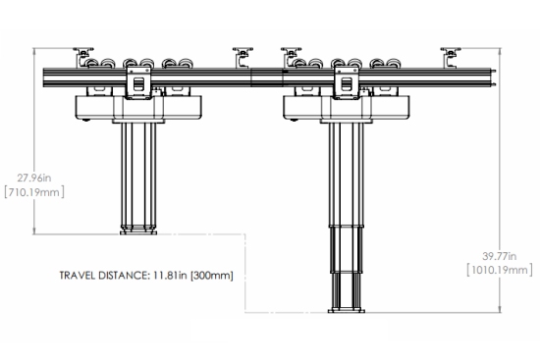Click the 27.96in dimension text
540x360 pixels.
(x=34, y=178)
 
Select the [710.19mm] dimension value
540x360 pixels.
(x=34, y=192)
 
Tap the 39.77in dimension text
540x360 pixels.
(x=500, y=256)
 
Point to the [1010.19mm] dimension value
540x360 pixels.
(x=500, y=270)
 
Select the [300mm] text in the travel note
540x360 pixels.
(x=212, y=276)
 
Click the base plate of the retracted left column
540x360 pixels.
(x=138, y=232)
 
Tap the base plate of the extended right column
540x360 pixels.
(x=347, y=311)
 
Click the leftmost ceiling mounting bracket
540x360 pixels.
(x=83, y=57)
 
